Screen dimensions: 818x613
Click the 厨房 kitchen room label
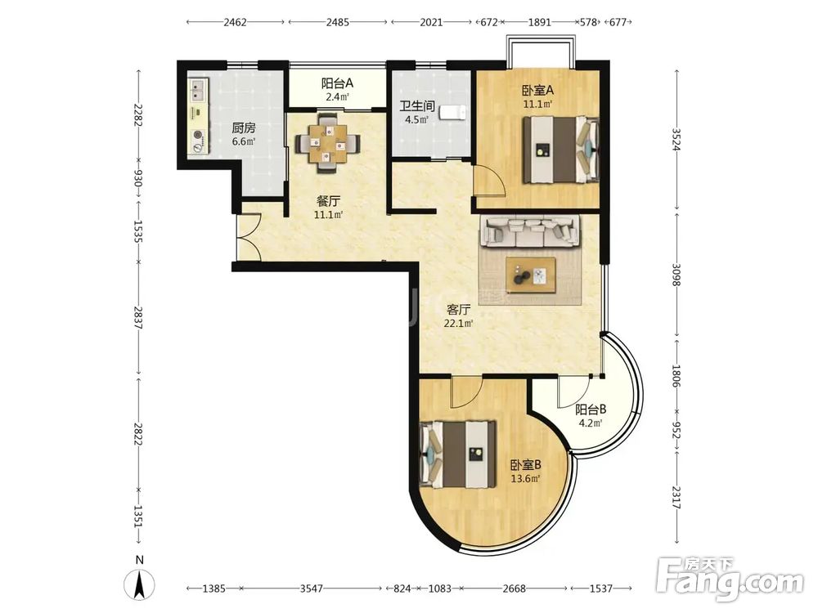pyautogui.click(x=244, y=128)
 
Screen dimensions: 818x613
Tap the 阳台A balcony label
pyautogui.click(x=337, y=83)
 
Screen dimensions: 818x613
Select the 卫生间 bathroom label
pyautogui.click(x=417, y=106)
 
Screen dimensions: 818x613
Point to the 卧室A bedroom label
pyautogui.click(x=538, y=90)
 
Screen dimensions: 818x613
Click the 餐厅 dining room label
pyautogui.click(x=328, y=201)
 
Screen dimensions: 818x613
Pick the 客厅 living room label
pyautogui.click(x=458, y=310)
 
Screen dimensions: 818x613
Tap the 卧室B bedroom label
pyautogui.click(x=525, y=464)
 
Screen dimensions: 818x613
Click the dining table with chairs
pyautogui.click(x=327, y=141)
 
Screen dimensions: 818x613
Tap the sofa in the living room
pyautogui.click(x=529, y=230)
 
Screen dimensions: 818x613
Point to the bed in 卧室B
pyautogui.click(x=457, y=454)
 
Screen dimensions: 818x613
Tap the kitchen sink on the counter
pyautogui.click(x=197, y=92)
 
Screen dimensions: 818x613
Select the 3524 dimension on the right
pyautogui.click(x=676, y=139)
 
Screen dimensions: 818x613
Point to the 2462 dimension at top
pyautogui.click(x=235, y=22)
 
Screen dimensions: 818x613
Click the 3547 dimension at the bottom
pyautogui.click(x=312, y=588)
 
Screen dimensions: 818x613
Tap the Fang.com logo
pyautogui.click(x=730, y=579)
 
